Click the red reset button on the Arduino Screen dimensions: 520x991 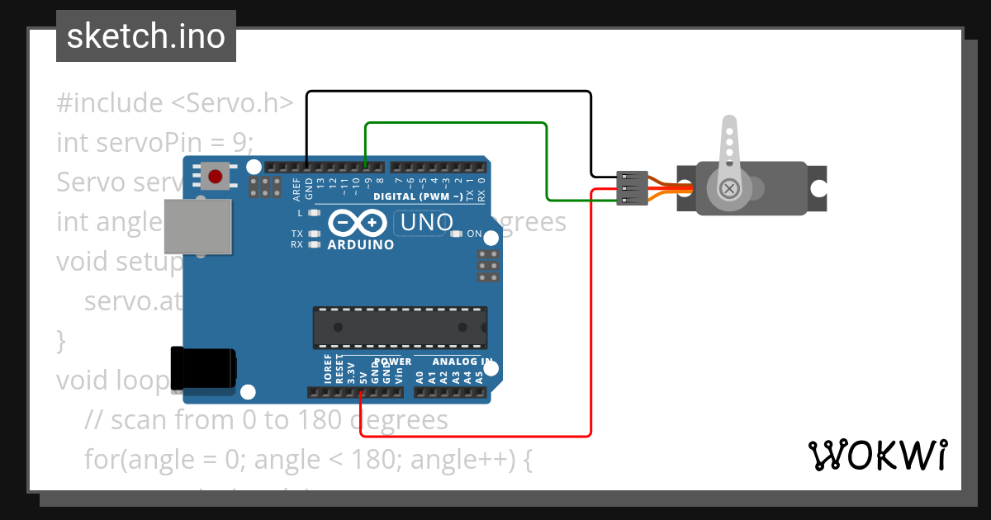(x=216, y=176)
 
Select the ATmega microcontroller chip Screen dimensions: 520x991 (x=400, y=327)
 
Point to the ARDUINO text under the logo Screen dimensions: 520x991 (x=361, y=244)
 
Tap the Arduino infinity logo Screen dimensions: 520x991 (x=358, y=223)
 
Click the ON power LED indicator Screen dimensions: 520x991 (x=457, y=234)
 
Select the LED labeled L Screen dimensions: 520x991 (x=314, y=213)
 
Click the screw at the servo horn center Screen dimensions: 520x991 (x=729, y=188)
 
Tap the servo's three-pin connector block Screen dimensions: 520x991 (x=630, y=188)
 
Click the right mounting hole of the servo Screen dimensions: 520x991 (x=818, y=188)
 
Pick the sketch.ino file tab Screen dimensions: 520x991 (x=146, y=36)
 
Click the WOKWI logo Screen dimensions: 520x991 (x=877, y=455)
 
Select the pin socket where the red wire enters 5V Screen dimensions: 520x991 (x=363, y=392)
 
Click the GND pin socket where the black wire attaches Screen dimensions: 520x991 (x=307, y=166)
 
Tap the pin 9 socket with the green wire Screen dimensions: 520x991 (x=366, y=166)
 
